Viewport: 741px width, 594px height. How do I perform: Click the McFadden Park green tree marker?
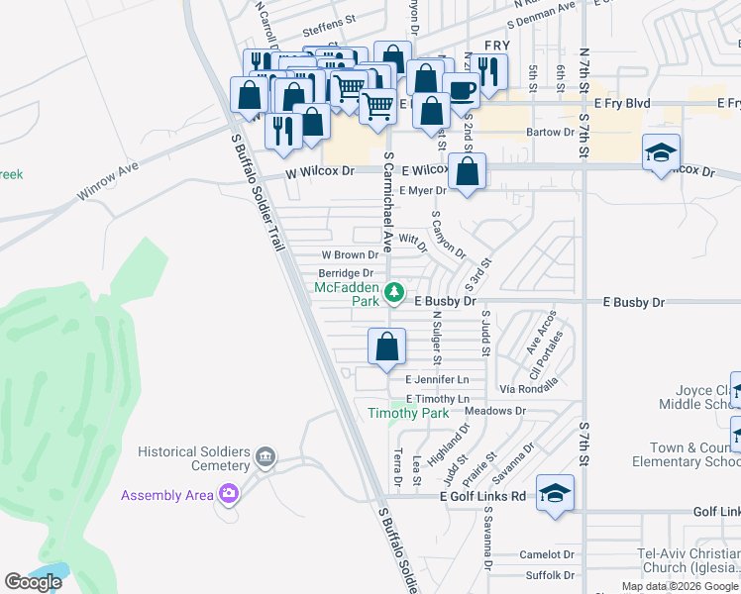click(394, 292)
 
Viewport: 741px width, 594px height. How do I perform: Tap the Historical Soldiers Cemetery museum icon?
click(265, 456)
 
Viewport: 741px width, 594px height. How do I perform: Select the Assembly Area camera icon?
click(230, 493)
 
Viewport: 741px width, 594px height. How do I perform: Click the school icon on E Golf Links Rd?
click(556, 492)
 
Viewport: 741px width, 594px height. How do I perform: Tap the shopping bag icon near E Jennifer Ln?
click(386, 346)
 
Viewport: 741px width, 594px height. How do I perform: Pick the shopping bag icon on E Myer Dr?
click(467, 170)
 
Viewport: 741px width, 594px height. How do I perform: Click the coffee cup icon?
click(461, 91)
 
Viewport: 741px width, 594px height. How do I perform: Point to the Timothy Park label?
click(408, 413)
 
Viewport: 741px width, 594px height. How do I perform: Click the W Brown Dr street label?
click(349, 255)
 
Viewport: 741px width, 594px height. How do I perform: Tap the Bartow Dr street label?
click(551, 132)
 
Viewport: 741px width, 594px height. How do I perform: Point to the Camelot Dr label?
click(547, 555)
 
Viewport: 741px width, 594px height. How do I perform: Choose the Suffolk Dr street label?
click(549, 574)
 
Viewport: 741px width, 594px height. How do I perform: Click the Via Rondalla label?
click(529, 388)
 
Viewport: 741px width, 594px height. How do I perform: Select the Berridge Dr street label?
click(345, 273)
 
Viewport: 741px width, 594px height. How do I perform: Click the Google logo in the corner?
click(34, 582)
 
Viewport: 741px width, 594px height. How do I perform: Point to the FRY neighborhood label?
click(496, 46)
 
